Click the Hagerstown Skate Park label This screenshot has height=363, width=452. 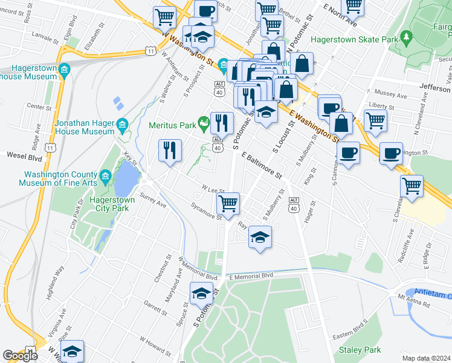[x=352, y=40]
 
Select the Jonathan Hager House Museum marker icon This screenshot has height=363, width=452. [x=123, y=126]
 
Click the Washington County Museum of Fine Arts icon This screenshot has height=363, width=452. [x=105, y=176]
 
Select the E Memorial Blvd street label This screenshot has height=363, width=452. [x=251, y=275]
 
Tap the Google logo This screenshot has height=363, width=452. [x=20, y=356]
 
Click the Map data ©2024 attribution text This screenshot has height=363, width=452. [x=426, y=358]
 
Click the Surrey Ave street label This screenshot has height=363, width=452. [x=152, y=200]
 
